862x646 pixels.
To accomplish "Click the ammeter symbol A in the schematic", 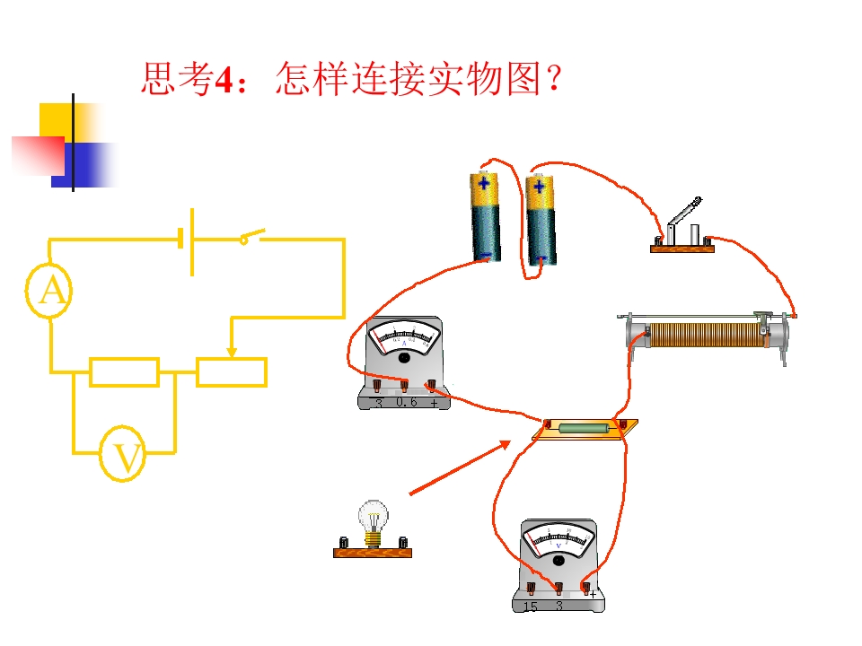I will (x=51, y=291).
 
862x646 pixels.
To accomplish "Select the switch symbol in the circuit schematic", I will (x=251, y=238).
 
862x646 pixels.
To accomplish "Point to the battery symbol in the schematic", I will (x=187, y=240).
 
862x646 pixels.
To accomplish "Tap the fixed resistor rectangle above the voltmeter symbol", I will (x=125, y=371).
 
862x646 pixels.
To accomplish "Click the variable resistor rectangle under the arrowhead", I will (x=232, y=371).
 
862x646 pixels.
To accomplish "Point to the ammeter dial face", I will (x=404, y=338).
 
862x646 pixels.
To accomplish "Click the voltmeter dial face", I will (x=559, y=539).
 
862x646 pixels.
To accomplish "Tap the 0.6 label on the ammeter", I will (x=407, y=403).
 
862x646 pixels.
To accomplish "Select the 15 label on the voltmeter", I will (x=530, y=607).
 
